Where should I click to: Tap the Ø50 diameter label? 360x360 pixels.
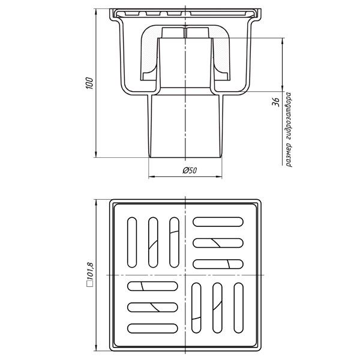(x=190, y=171)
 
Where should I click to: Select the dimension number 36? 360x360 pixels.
(x=277, y=101)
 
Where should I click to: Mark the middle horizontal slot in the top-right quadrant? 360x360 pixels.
(x=218, y=243)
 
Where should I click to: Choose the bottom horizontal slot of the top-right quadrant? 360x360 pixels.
(x=218, y=263)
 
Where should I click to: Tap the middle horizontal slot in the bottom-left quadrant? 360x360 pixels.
(x=152, y=307)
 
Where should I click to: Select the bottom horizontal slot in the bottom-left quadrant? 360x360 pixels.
(x=152, y=328)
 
